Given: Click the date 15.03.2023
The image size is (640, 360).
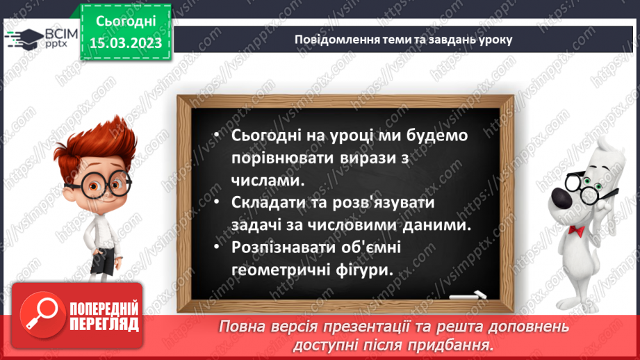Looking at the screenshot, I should pos(126,42).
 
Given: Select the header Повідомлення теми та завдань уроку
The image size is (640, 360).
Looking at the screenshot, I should pos(403,40).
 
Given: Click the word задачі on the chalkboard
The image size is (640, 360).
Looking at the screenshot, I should pos(248,225).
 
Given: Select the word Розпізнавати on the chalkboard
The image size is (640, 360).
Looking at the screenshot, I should pos(279,247).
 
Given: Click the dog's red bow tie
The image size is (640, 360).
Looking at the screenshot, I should pos(575,230).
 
